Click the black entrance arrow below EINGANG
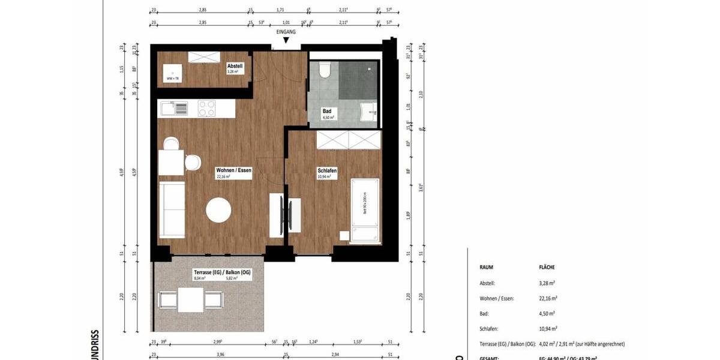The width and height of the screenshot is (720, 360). [286, 41]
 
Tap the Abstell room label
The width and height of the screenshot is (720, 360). [235, 65]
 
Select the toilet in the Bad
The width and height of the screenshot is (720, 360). [324, 71]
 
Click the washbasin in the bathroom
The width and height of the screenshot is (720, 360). [367, 112]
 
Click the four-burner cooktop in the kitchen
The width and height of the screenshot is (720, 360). [207, 109]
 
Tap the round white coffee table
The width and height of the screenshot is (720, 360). [218, 211]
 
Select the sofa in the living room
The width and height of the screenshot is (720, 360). [172, 210]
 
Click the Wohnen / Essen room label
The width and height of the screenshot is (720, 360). [233, 170]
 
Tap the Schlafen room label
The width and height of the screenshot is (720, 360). [327, 170]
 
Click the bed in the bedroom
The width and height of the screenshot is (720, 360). [364, 210]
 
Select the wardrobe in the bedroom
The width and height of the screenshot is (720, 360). [349, 140]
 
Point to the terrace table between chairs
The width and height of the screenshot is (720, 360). [191, 299]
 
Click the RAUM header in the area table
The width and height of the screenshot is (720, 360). [487, 267]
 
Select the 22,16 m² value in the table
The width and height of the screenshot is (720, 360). [548, 298]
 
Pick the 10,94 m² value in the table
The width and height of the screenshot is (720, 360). [548, 329]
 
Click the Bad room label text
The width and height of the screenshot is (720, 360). [327, 112]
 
